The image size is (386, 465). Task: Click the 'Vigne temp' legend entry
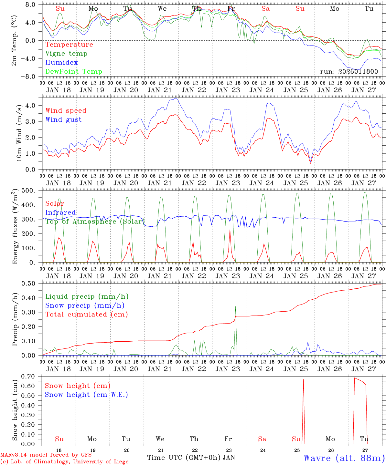(x=66, y=54)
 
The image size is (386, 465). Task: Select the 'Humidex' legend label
(x=61, y=63)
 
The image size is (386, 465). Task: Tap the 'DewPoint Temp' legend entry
(x=74, y=72)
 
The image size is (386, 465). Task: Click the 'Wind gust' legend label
(x=63, y=119)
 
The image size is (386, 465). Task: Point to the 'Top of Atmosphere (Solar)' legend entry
(x=95, y=222)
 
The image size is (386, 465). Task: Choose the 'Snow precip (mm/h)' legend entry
(x=85, y=305)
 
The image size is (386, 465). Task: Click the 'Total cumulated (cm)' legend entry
(x=86, y=315)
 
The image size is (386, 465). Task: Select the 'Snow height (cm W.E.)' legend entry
(x=86, y=395)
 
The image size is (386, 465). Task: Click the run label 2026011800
(x=349, y=71)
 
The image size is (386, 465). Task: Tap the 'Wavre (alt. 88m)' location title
(x=344, y=458)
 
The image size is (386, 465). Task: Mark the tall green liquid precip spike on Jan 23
(x=235, y=307)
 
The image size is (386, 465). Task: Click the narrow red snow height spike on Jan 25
(x=303, y=381)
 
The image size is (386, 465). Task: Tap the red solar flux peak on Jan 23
(x=230, y=230)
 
